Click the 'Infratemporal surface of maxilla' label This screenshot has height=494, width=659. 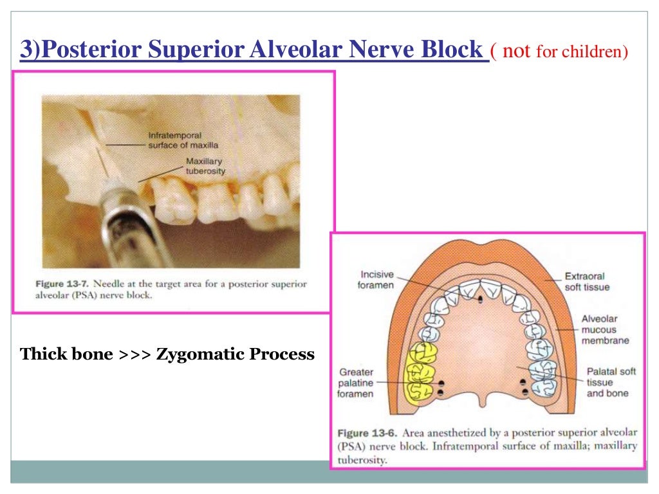pos(175,141)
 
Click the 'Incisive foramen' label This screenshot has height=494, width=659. pos(376,279)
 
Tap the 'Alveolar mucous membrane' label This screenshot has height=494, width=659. pos(605,329)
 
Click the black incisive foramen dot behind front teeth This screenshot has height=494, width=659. pos(480,299)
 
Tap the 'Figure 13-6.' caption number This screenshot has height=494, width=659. pos(367,433)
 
